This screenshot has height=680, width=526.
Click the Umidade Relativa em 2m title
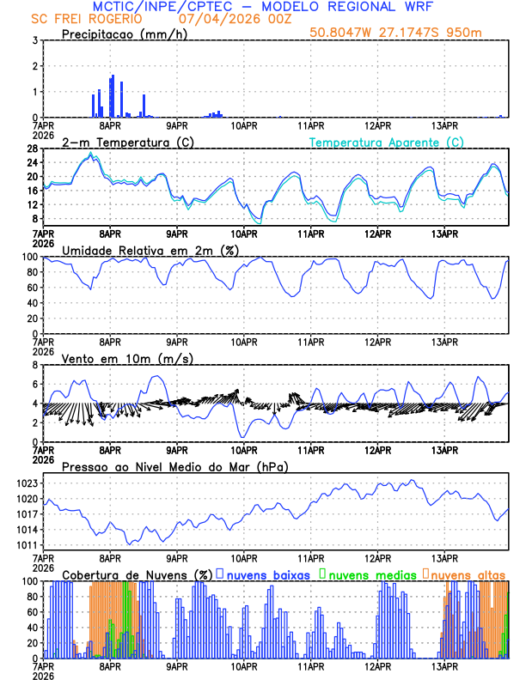click(x=150, y=250)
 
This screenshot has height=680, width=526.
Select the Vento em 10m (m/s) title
click(x=127, y=358)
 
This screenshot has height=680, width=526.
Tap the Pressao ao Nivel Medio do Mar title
click(x=174, y=466)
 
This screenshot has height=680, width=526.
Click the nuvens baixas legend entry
click(x=267, y=574)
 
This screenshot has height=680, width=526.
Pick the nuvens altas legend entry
click(x=468, y=574)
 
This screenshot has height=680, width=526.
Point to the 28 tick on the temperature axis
click(x=30, y=149)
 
